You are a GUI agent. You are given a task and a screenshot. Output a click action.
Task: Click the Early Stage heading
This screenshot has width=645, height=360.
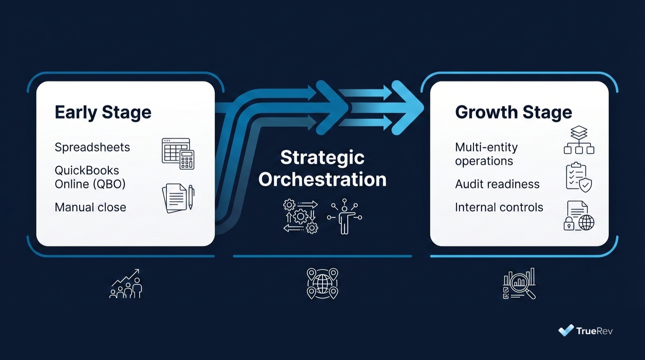coord(103,112)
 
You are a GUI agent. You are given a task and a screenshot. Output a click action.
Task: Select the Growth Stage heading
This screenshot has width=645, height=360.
coord(513,112)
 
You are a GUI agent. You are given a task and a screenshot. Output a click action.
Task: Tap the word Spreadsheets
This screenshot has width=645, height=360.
coord(92,147)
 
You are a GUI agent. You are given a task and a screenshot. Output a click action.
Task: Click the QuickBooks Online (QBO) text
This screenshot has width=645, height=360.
coord(90,177)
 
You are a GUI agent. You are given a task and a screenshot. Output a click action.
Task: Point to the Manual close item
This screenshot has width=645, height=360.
coord(90,207)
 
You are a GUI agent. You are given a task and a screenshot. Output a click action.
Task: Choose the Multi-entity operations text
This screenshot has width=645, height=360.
coord(486,154)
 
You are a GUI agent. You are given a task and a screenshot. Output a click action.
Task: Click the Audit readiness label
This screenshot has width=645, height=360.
coord(497,184)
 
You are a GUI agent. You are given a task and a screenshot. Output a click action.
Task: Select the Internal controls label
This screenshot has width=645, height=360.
coord(499,207)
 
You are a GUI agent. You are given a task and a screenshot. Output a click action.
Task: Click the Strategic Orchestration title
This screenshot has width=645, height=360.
coord(322,169)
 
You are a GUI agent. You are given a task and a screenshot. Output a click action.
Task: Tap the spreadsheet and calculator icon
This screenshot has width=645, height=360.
coord(178,153)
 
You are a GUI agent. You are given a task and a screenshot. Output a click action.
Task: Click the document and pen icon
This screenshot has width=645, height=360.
coord(178,198)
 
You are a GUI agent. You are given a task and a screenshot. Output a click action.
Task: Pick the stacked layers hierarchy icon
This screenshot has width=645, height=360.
coord(579,140)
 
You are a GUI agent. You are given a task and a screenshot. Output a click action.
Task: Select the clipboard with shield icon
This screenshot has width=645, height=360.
coord(579,177)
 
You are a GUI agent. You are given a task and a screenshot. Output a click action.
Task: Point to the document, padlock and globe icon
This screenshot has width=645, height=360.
coord(579,216)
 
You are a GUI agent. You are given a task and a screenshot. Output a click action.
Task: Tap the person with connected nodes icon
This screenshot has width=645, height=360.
coord(345,216)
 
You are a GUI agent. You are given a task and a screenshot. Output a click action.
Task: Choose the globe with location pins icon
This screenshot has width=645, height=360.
coord(322,283)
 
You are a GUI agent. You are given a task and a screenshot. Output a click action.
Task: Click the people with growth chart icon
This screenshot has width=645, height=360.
coord(126,284)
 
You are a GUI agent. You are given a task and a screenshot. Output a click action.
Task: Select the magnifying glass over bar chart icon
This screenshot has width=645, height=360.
coord(519,284)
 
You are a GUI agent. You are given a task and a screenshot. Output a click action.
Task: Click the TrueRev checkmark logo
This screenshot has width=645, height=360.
coord(566,330)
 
